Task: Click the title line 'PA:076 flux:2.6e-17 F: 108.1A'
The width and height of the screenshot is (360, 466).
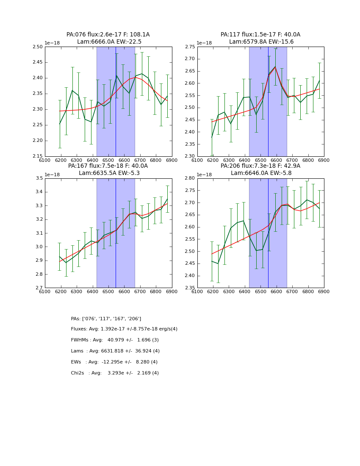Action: pos(108,35)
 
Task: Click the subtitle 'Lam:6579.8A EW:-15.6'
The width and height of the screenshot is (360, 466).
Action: pos(261,42)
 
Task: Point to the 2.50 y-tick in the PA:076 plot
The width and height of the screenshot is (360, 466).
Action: pos(37,47)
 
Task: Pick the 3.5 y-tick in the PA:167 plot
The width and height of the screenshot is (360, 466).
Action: pos(39,178)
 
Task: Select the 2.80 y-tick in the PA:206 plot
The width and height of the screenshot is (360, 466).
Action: pos(190,178)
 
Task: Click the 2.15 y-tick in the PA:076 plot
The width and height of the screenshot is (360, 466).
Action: pos(37,156)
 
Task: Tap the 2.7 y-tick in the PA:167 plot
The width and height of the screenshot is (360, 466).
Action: pos(39,288)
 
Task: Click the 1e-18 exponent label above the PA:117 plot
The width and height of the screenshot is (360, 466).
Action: pos(205,43)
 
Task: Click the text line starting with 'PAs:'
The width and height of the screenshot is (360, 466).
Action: pos(106,319)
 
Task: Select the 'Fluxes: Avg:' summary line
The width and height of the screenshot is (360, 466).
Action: pos(124,329)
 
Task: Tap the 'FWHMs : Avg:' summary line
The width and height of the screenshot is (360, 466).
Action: pos(115,340)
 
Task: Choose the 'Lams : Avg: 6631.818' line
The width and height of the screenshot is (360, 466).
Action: pos(115,351)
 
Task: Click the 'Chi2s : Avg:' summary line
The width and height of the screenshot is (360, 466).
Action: pos(115,373)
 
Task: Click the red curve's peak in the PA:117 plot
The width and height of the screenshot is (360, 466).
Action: pos(275,67)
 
